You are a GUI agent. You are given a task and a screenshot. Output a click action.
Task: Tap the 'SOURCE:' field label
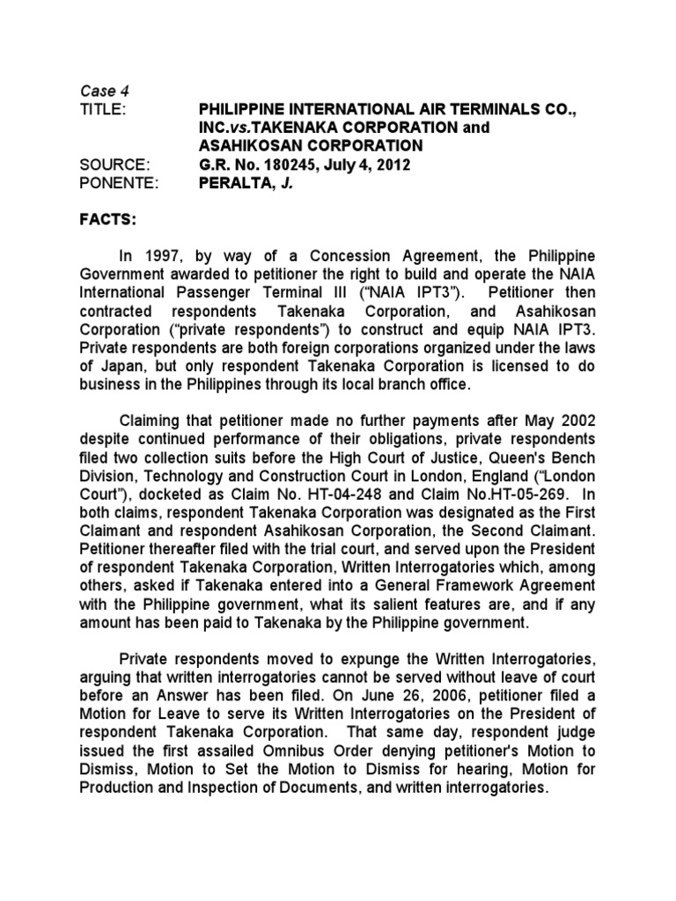pyautogui.click(x=110, y=164)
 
